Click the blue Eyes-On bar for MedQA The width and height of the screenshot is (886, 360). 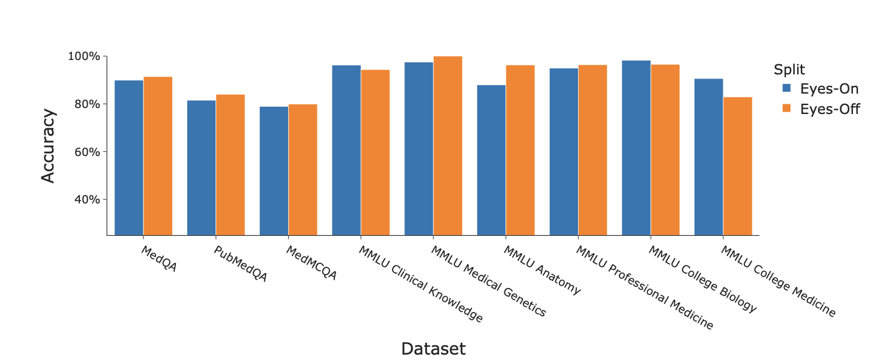coord(129,157)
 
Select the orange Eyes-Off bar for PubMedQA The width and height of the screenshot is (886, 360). coord(231,164)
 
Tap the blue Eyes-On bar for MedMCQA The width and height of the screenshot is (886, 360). coord(274,170)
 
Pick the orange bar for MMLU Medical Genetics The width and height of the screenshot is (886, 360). coord(448,145)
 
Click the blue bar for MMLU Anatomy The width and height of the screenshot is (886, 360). coord(491,160)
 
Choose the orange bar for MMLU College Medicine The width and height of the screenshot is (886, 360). coord(738,166)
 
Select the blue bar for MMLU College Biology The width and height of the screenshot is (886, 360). coord(636,148)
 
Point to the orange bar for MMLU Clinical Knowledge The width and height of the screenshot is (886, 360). coord(375,152)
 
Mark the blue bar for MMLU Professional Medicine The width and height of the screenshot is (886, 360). coord(564,151)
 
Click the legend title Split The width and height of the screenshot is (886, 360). coord(789,68)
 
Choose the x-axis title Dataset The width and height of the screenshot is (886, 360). coord(433,349)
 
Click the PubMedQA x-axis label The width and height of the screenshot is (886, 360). coord(240,264)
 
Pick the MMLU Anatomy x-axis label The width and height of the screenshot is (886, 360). coord(542,270)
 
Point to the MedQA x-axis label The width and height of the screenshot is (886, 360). coord(159,259)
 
